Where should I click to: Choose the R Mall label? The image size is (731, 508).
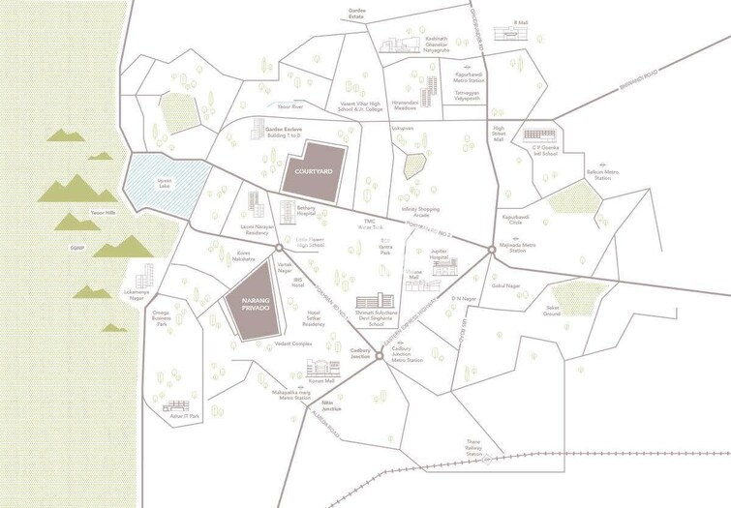coord(522,20)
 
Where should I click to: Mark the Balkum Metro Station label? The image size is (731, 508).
coord(603,175)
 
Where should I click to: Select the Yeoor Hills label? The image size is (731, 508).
coord(104,212)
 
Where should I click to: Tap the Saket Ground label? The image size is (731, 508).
coord(552,311)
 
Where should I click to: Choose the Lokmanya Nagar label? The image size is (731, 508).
coord(137,292)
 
